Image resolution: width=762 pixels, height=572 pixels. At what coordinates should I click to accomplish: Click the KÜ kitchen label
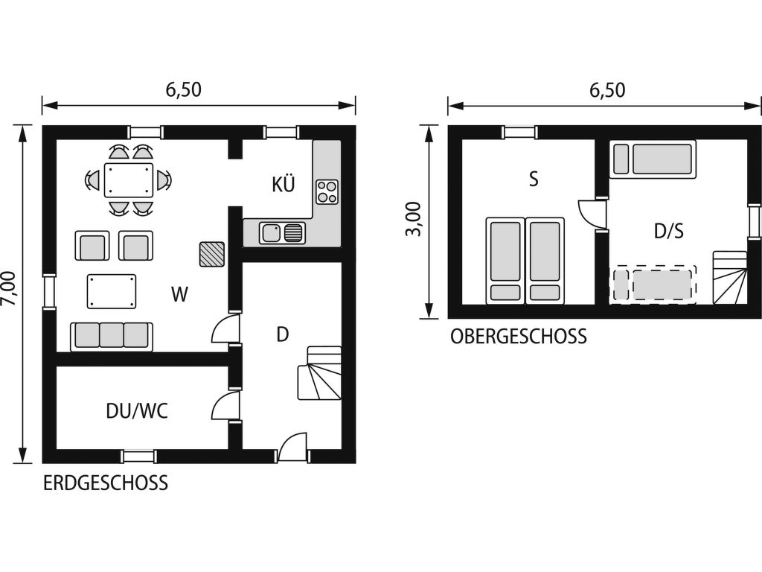pyautogui.click(x=283, y=185)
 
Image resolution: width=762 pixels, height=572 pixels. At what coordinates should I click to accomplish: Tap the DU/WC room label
pyautogui.click(x=137, y=411)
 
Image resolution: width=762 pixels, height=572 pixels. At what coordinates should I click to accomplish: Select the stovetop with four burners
pyautogui.click(x=327, y=191)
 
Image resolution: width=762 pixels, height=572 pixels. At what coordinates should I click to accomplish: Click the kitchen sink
pyautogui.click(x=282, y=232)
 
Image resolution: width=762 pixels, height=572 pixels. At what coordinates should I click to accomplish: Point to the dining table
pyautogui.click(x=128, y=180)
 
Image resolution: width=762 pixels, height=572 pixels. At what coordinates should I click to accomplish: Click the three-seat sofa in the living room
pyautogui.click(x=112, y=336)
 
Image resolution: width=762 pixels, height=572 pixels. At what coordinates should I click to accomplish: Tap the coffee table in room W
pyautogui.click(x=112, y=291)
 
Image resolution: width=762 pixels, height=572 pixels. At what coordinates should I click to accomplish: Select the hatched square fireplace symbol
pyautogui.click(x=212, y=254)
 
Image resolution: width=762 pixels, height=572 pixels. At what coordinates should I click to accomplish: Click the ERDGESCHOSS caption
pyautogui.click(x=106, y=483)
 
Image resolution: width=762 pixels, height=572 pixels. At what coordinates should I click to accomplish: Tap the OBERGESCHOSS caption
pyautogui.click(x=519, y=337)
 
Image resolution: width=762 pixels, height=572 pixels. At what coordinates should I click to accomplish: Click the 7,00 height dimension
pyautogui.click(x=10, y=288)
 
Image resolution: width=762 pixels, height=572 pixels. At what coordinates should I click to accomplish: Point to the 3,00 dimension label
pyautogui.click(x=413, y=218)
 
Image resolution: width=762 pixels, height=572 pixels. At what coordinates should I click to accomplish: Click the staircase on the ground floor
pyautogui.click(x=319, y=373)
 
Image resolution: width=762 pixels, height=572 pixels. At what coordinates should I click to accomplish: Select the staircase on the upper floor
pyautogui.click(x=730, y=278)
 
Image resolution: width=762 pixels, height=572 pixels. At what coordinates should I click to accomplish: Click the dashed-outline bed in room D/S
pyautogui.click(x=653, y=285)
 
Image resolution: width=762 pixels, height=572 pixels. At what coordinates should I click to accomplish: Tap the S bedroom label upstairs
pyautogui.click(x=534, y=179)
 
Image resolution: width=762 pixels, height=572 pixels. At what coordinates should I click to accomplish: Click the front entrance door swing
pyautogui.click(x=292, y=447)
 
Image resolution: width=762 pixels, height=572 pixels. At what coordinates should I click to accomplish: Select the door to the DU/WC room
pyautogui.click(x=225, y=405)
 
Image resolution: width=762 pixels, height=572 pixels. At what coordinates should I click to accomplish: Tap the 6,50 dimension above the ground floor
pyautogui.click(x=184, y=89)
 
